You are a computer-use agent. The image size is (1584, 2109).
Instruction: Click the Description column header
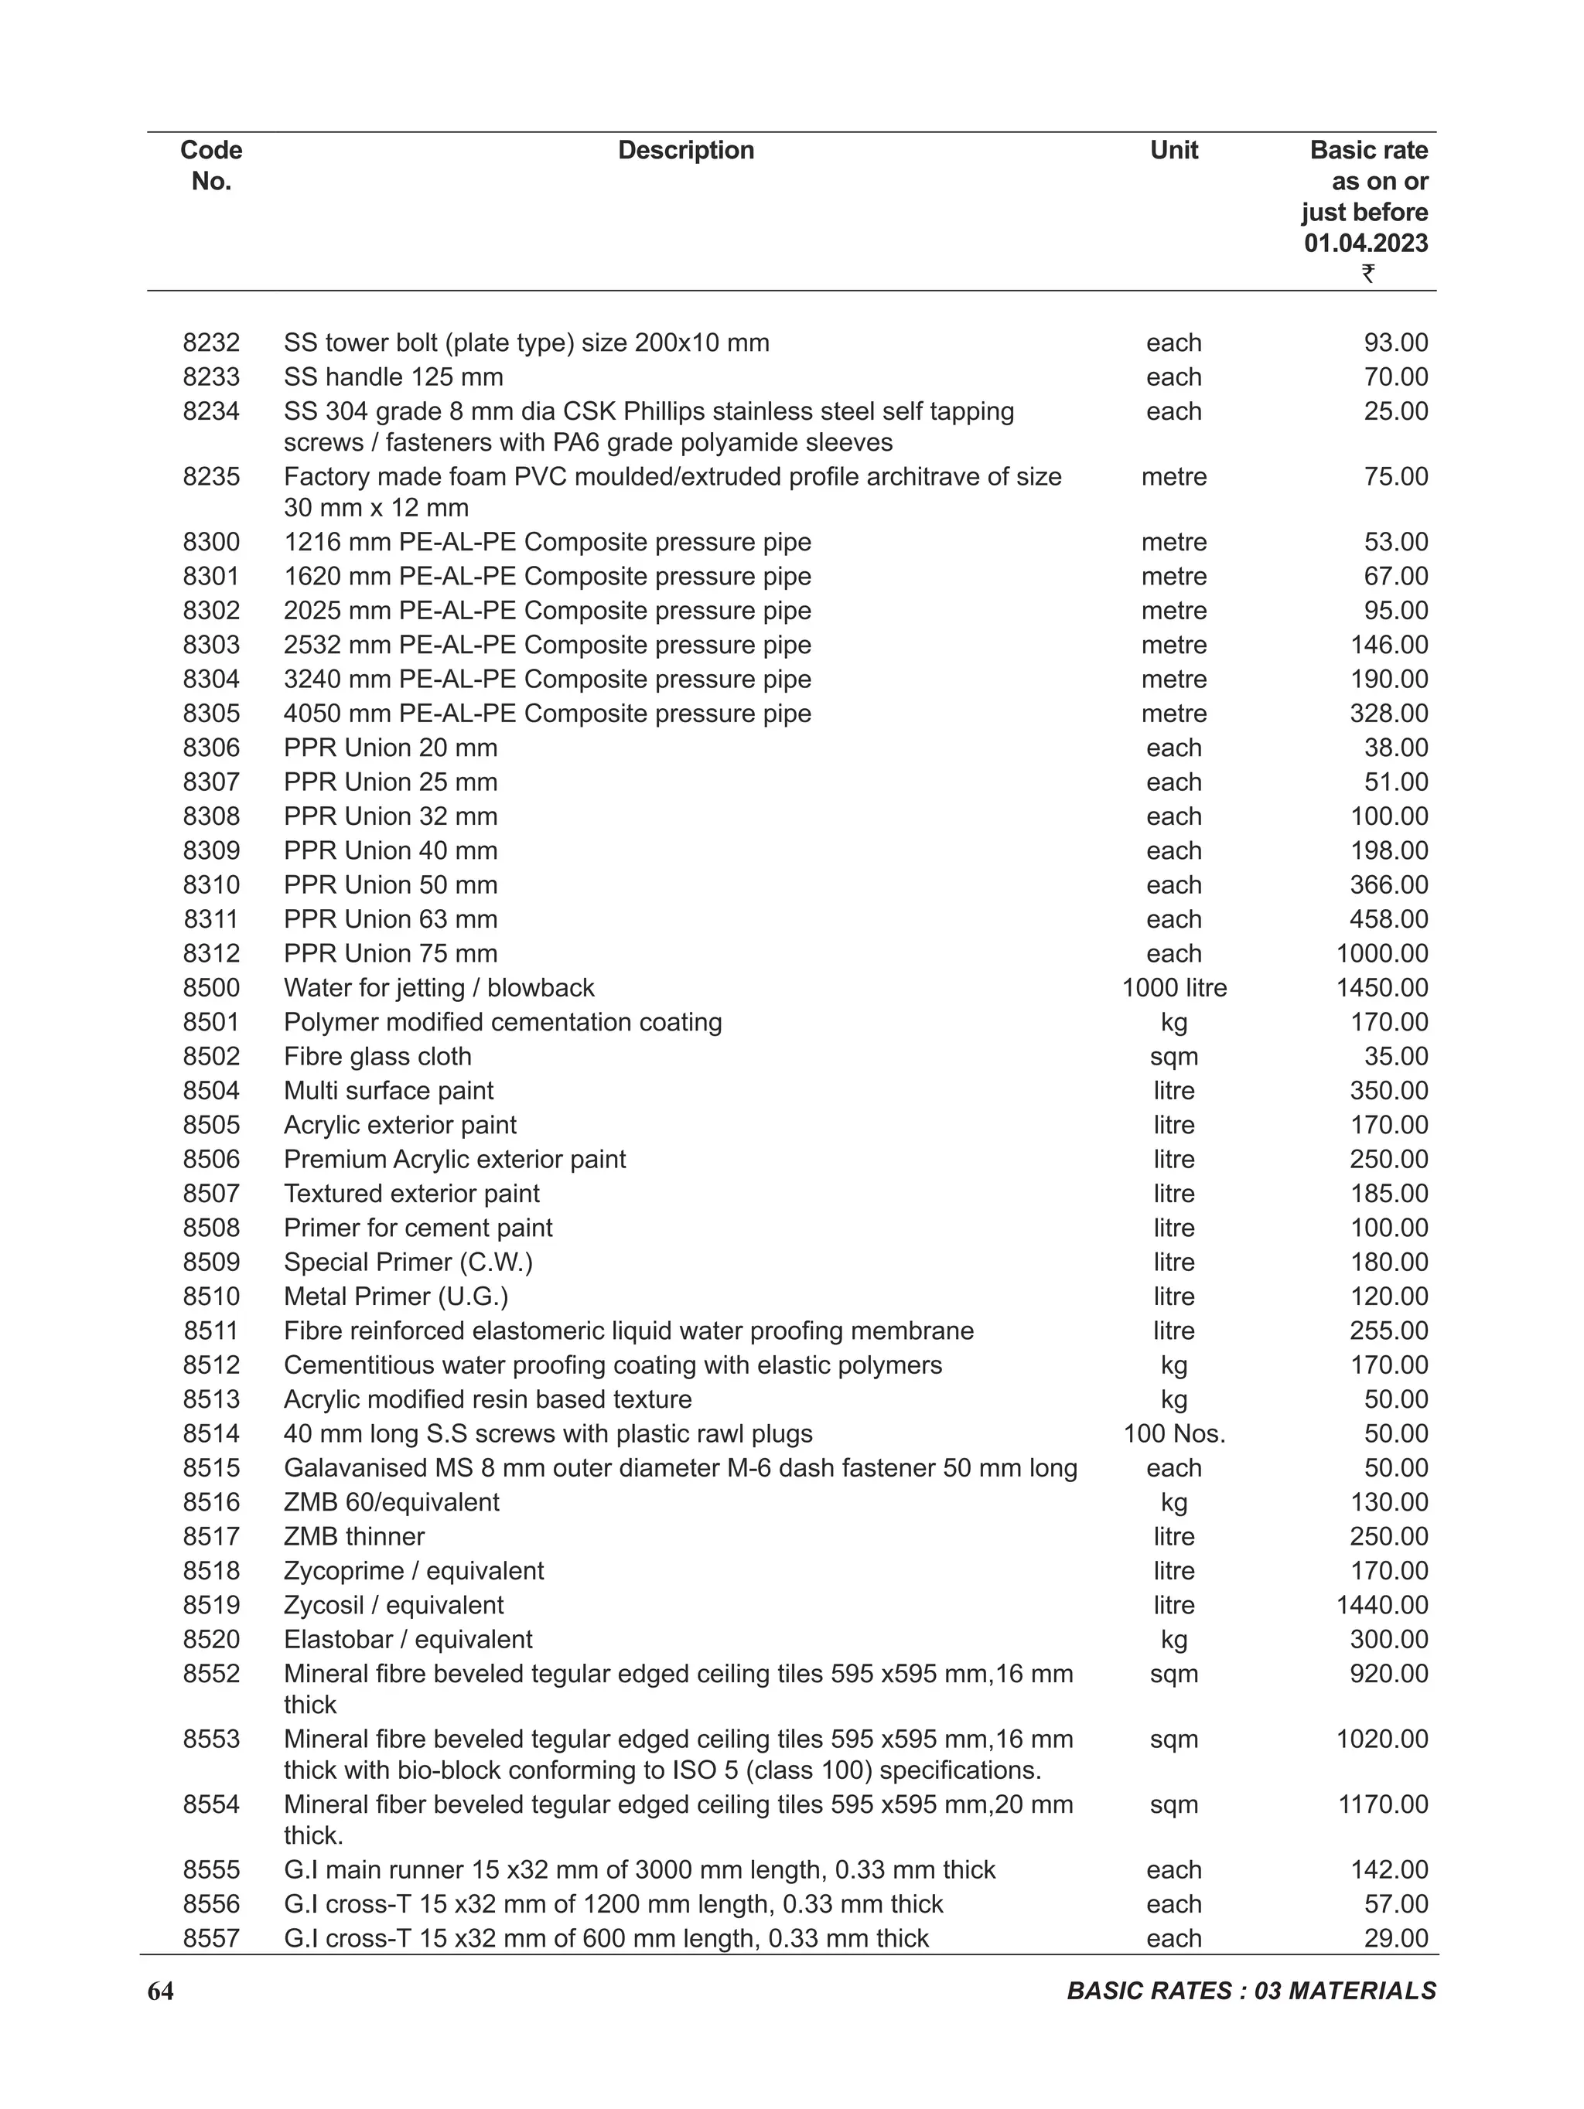click(686, 150)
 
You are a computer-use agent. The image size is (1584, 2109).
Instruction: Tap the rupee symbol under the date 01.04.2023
click(1367, 274)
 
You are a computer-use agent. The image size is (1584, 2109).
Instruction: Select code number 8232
click(210, 342)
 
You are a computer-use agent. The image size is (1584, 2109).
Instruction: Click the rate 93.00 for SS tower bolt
click(1395, 342)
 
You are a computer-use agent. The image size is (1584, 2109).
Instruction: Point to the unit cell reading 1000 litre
click(1174, 988)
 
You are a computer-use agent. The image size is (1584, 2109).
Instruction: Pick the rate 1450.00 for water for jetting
click(1382, 988)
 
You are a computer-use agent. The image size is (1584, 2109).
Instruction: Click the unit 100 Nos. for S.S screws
click(1174, 1434)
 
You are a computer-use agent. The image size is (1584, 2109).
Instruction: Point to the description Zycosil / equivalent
click(394, 1606)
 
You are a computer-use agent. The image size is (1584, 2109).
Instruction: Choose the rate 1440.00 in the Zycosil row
click(1382, 1606)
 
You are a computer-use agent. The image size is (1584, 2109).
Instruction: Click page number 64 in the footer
click(160, 1991)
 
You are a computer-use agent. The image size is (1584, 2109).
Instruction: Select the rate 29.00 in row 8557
click(1395, 1938)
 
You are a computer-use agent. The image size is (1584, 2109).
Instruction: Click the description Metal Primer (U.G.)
click(396, 1296)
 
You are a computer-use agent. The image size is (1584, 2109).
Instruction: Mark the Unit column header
click(1174, 150)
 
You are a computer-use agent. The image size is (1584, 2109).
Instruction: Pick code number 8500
click(210, 988)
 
